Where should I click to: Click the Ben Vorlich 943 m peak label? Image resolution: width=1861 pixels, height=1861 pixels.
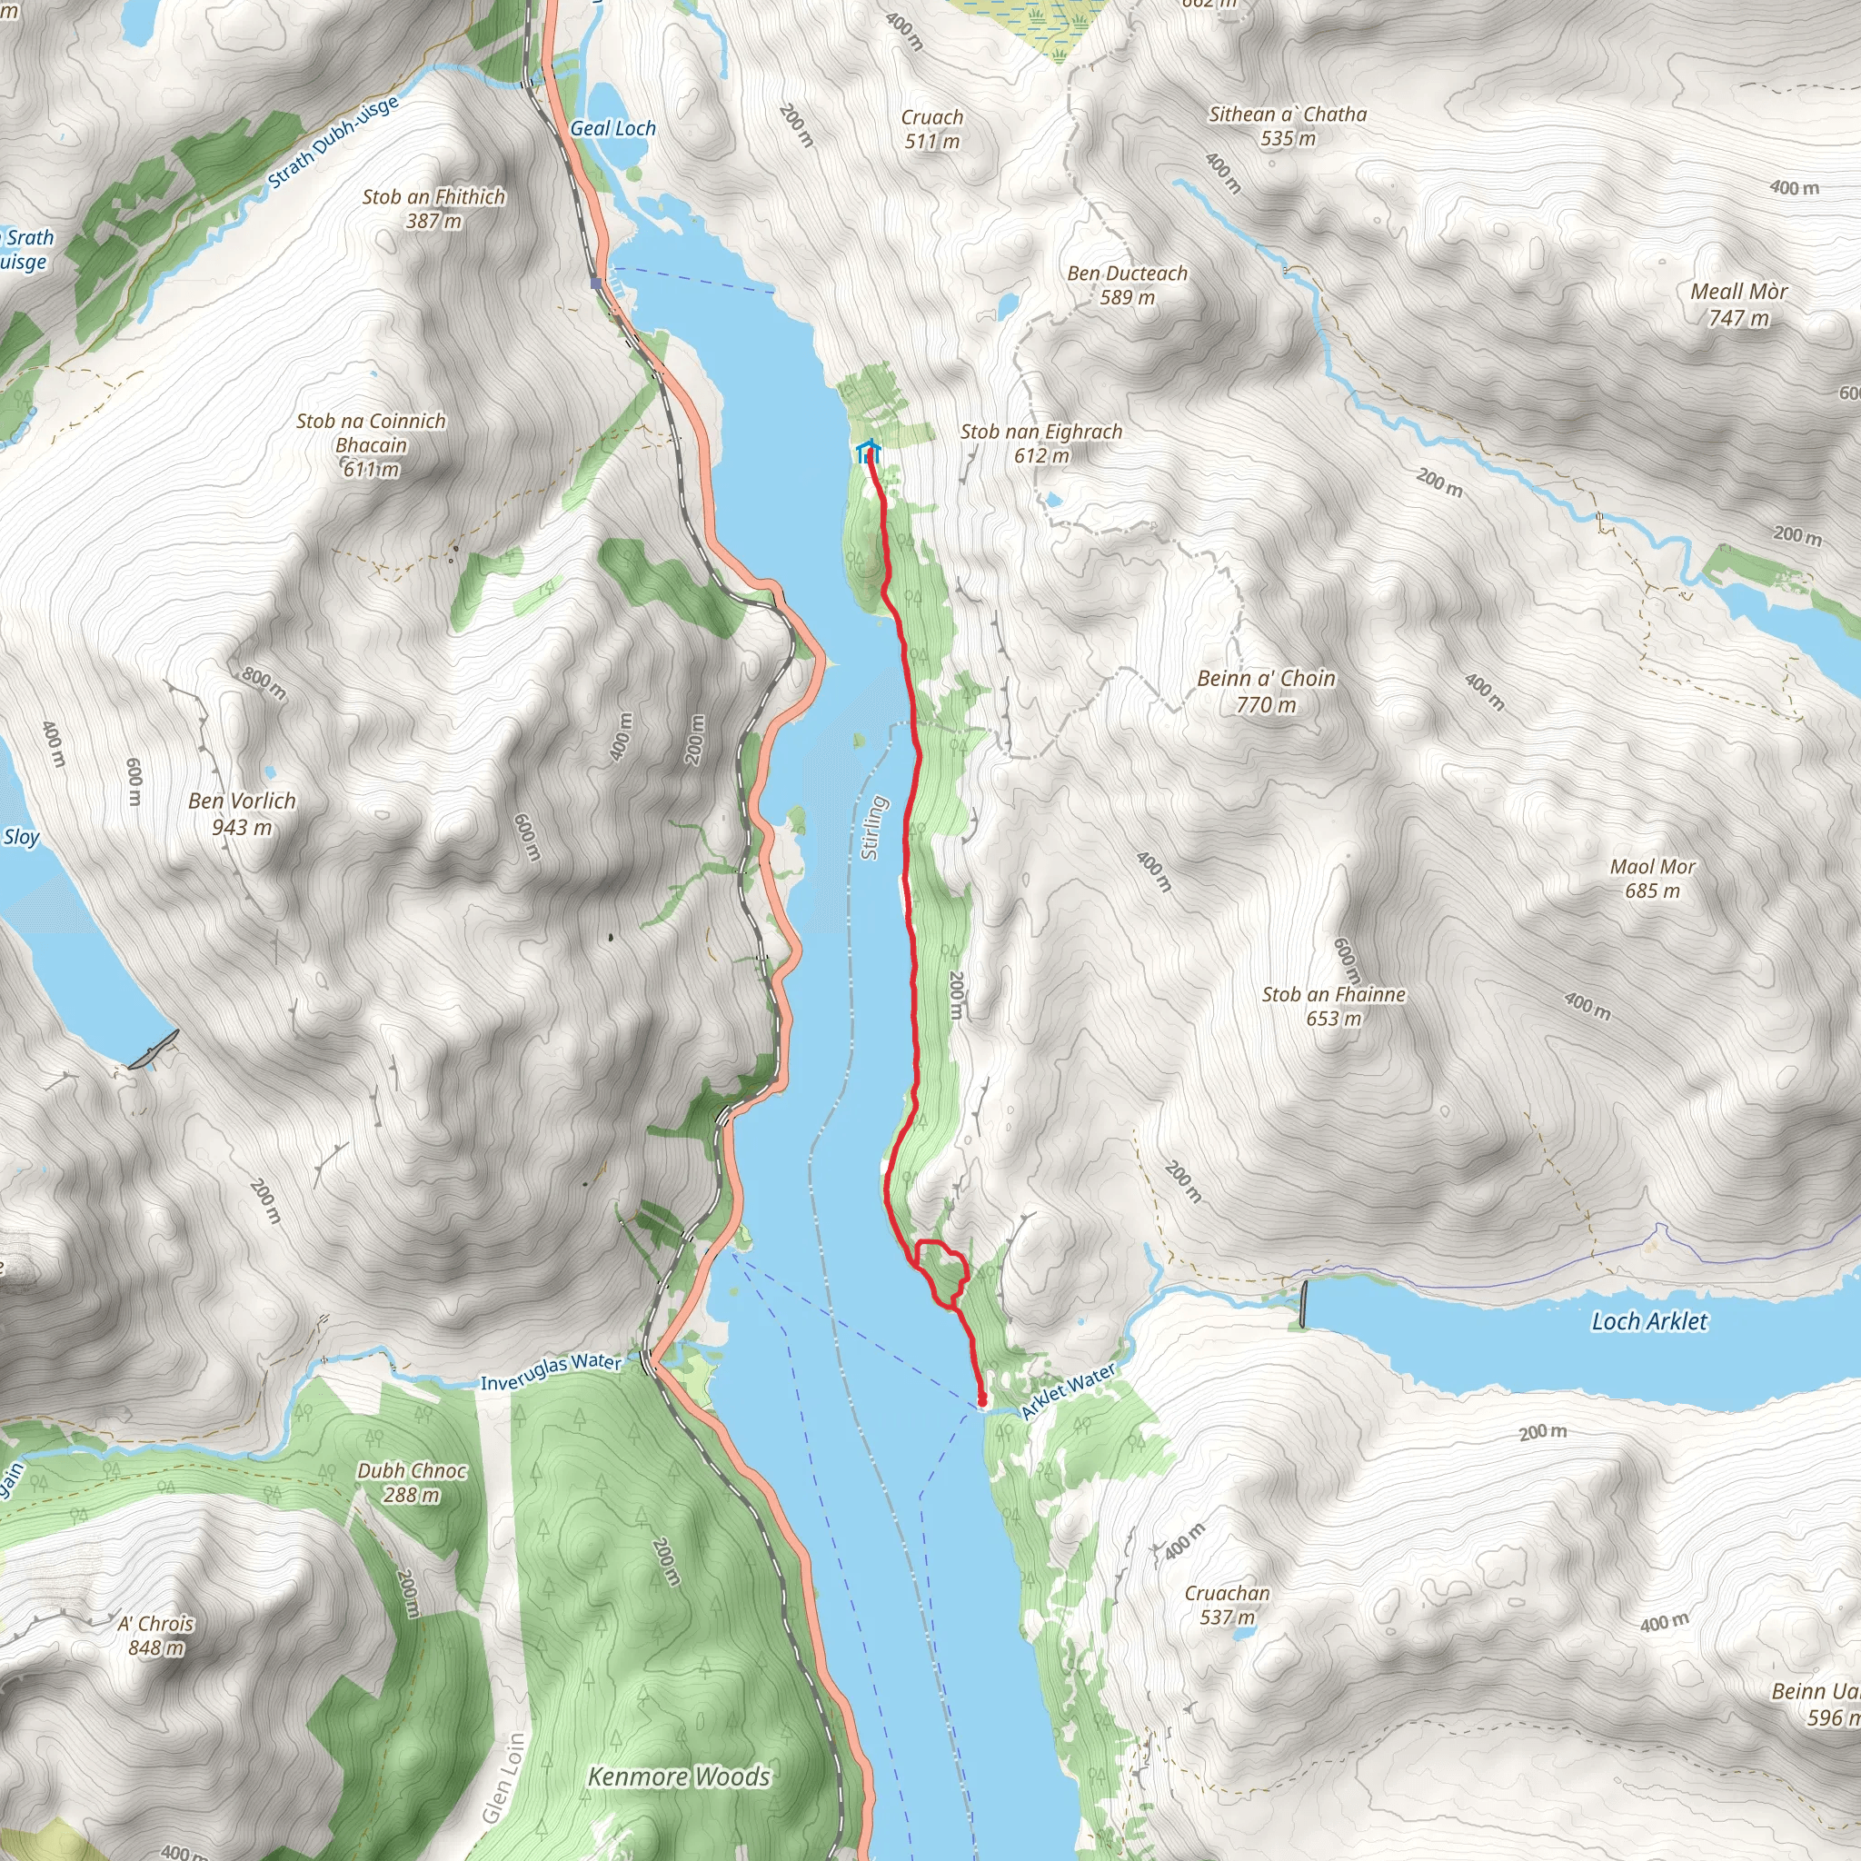tap(242, 814)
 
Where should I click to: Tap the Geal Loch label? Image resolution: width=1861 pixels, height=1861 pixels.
tap(612, 128)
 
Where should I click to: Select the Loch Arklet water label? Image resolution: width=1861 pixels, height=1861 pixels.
tap(1648, 1320)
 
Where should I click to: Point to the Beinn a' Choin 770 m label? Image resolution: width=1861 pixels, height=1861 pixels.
tap(1266, 691)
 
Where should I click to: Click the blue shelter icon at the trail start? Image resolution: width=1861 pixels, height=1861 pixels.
tap(867, 452)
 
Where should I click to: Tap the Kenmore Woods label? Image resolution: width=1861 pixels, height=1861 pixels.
tap(679, 1776)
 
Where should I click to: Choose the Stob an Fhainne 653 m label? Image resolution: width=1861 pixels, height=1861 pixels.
tap(1333, 1006)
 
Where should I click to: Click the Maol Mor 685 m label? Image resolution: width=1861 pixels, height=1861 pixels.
tap(1652, 879)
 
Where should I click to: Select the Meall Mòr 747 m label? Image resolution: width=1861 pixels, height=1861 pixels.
tap(1738, 304)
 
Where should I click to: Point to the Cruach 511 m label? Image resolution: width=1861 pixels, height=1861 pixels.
tap(931, 129)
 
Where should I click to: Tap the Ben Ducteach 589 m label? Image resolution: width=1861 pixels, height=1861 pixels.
tap(1127, 285)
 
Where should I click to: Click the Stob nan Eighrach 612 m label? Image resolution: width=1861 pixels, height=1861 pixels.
tap(1041, 443)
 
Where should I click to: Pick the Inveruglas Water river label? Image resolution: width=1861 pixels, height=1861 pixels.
tap(551, 1371)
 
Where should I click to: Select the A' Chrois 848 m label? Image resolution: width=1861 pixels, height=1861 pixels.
tap(155, 1635)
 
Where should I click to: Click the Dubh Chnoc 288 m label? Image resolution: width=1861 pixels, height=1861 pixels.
tap(412, 1482)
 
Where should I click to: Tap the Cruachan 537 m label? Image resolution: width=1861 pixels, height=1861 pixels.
tap(1226, 1605)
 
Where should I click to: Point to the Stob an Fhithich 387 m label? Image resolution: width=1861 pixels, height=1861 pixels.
tap(433, 208)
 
